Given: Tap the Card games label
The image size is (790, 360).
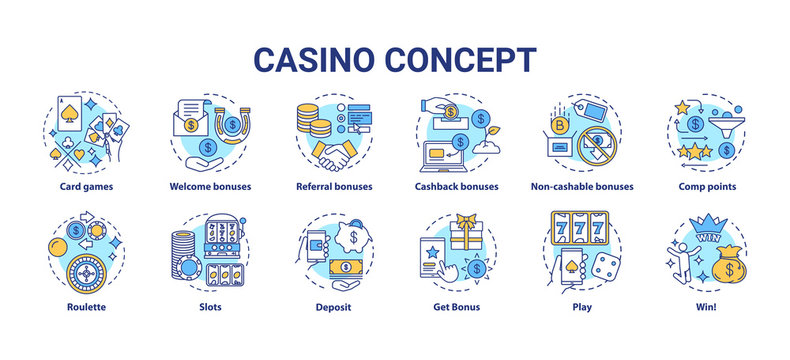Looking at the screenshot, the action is pos(87,186).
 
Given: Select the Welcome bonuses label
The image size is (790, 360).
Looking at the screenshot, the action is pos(210,186).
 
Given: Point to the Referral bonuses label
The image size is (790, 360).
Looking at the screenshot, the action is pos(334,186).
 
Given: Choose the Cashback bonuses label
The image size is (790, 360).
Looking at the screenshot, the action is pos(456,186).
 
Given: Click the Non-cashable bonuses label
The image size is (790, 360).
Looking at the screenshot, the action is pos(582,186).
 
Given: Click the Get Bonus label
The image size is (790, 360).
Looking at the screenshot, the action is pos(457,307).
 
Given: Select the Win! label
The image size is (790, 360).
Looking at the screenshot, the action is pos(704,307).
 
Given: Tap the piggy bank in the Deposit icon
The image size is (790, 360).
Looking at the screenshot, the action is pos(352,236).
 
